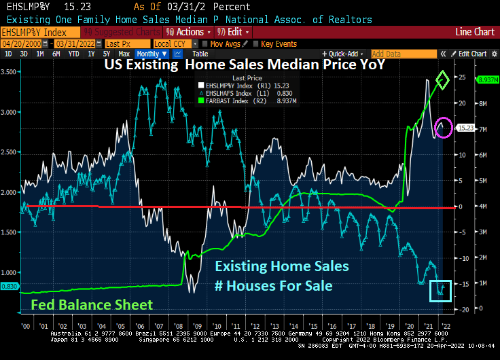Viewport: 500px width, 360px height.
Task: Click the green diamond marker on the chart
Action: click(x=443, y=81)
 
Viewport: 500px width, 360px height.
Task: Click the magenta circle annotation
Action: click(x=443, y=127)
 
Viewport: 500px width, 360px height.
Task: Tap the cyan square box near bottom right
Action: click(x=440, y=290)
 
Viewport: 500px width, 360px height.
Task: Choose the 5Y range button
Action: click(x=106, y=54)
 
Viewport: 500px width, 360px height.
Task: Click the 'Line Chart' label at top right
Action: click(x=474, y=32)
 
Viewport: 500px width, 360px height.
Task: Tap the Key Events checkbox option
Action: click(x=275, y=43)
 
